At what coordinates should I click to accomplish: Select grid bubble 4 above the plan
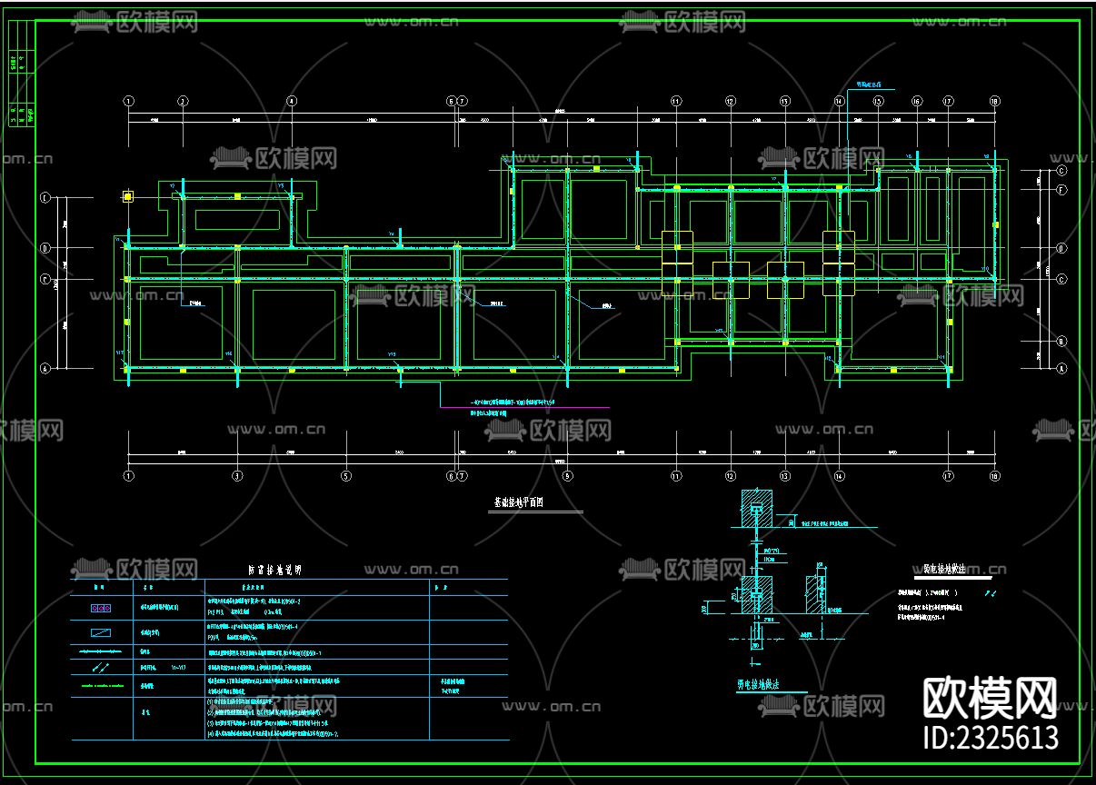coord(292,101)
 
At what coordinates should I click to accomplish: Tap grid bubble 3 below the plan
coord(237,475)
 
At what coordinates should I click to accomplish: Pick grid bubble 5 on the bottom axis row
coord(345,475)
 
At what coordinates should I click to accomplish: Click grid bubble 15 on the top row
coord(878,101)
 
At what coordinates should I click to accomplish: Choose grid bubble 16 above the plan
coord(917,101)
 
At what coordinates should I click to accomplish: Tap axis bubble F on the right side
coord(1061,191)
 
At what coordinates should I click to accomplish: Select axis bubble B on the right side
coord(1061,343)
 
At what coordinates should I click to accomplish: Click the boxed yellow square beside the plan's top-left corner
coord(128,196)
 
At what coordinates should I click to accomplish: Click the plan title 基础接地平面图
coord(518,502)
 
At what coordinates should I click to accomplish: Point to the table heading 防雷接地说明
coord(274,571)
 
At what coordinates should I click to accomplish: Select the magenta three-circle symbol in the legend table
coord(101,607)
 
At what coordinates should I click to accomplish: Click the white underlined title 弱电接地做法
coord(952,570)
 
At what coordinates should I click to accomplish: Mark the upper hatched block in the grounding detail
coord(758,509)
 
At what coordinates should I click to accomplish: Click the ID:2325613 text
coord(991,737)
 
